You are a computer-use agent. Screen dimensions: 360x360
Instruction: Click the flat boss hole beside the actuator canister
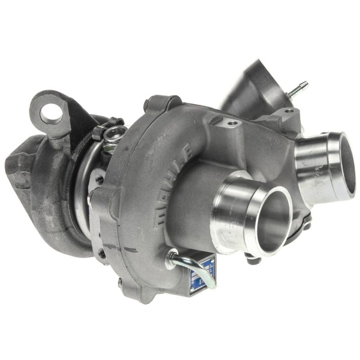click(288, 111)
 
